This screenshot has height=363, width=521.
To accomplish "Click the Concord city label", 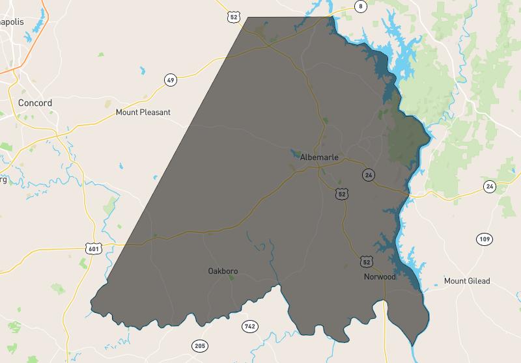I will (35, 103).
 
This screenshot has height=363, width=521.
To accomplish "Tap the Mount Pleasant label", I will (143, 112).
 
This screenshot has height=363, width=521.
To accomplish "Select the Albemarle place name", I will (319, 157).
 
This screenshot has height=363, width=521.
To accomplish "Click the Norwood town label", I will (380, 276).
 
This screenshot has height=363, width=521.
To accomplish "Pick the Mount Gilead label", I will (466, 281).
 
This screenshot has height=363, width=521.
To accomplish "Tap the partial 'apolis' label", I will (12, 21).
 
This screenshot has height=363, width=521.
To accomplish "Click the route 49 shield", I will (171, 80).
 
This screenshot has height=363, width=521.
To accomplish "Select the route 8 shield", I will (360, 7).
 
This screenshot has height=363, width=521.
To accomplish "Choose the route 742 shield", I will (249, 326).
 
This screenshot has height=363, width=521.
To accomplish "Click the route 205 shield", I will (199, 345).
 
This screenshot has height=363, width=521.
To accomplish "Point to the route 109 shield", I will (483, 239).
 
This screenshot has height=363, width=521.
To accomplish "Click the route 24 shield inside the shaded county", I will (369, 175).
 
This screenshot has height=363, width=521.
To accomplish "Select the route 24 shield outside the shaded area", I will (489, 187).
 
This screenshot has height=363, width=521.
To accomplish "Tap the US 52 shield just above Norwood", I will (367, 262).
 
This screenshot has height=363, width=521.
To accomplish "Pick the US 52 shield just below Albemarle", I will (342, 194).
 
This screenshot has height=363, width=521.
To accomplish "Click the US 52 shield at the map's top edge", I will (234, 17).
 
